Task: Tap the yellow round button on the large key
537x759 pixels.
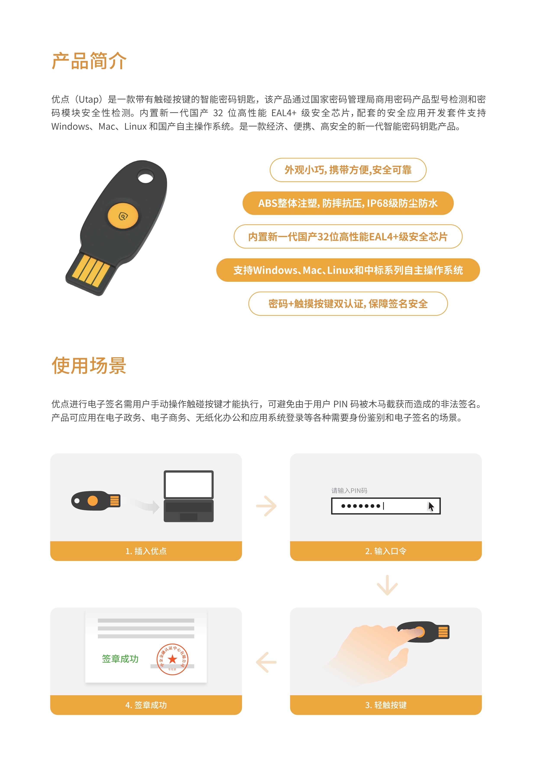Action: (123, 216)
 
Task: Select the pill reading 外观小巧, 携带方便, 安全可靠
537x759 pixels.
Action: (348, 170)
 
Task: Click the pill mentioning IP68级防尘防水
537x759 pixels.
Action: (348, 203)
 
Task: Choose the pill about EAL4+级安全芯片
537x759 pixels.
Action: (348, 237)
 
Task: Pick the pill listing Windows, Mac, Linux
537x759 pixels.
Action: (348, 270)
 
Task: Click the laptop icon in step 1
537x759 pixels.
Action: (188, 496)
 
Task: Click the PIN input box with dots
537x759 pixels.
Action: (386, 506)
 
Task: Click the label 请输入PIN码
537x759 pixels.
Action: (349, 491)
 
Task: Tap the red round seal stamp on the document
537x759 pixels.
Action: (172, 659)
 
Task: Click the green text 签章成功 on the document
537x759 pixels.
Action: (120, 659)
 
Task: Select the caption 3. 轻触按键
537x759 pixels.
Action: (386, 705)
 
